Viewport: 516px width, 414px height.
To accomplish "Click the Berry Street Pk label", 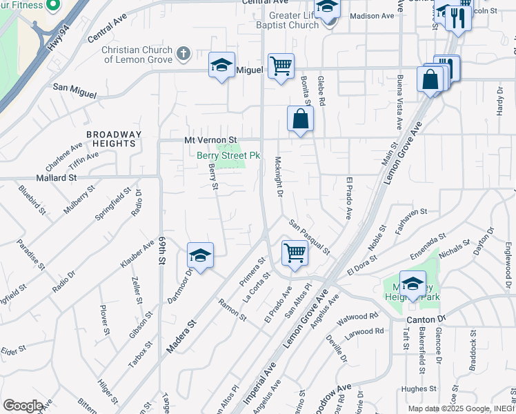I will tap(228, 156).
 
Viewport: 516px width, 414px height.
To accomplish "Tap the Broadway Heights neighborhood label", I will tap(114, 139).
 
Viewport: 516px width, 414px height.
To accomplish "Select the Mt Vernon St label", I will tap(210, 140).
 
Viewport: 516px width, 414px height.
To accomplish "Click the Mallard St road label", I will tap(57, 177).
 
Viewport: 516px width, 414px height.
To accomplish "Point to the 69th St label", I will tap(163, 250).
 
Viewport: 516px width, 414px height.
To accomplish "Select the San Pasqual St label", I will tap(310, 236).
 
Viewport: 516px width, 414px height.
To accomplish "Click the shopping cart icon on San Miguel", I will tap(281, 66).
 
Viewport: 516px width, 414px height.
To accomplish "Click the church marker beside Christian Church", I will tap(183, 54).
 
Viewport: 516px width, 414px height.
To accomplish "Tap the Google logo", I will tap(22, 406).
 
